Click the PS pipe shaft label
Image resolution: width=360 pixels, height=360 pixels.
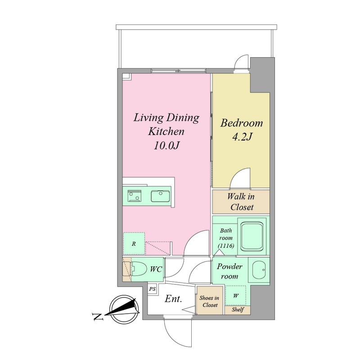[x=153, y=289]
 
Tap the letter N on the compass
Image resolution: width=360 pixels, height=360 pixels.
[x=98, y=317]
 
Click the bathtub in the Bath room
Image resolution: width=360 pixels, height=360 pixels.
[x=252, y=236]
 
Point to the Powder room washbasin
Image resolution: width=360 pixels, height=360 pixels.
[x=259, y=270]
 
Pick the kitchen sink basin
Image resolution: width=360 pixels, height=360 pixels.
[x=160, y=196]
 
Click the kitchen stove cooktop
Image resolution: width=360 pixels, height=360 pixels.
[x=135, y=196]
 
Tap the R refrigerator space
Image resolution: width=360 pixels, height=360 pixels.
[x=134, y=243]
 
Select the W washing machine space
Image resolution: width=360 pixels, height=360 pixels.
[x=235, y=296]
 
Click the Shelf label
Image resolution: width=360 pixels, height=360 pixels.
[x=238, y=310]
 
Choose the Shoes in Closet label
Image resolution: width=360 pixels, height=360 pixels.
[x=209, y=301]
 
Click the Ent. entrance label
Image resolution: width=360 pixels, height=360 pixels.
[x=173, y=299]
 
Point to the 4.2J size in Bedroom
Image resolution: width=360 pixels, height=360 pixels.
[x=242, y=137]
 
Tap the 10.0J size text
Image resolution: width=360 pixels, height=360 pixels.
[x=166, y=145]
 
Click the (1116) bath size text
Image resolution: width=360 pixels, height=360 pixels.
[x=226, y=246]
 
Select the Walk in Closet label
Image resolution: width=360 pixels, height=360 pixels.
[x=241, y=202]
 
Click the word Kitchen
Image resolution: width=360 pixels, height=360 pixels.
[x=166, y=131]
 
